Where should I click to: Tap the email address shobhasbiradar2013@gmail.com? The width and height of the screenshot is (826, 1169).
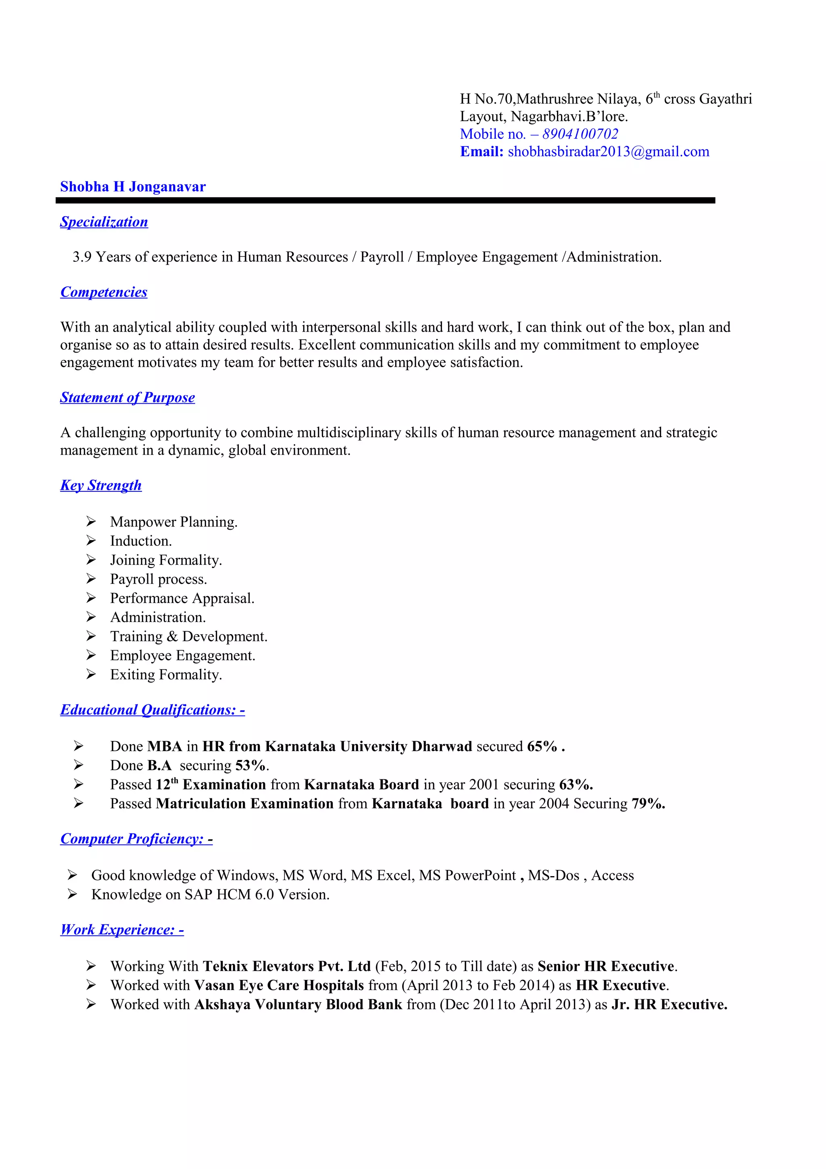(x=608, y=152)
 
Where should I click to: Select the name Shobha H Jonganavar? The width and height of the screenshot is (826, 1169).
(x=133, y=187)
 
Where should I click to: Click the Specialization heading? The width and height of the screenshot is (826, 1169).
(x=104, y=222)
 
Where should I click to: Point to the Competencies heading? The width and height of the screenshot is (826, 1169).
(x=104, y=292)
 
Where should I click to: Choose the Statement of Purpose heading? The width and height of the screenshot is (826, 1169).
(x=127, y=398)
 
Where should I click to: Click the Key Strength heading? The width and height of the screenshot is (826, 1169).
(x=101, y=485)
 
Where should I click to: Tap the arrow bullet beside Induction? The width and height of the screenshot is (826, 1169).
(x=91, y=540)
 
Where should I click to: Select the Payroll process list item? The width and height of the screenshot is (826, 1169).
(x=158, y=579)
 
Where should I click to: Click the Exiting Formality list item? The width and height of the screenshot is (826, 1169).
(x=166, y=674)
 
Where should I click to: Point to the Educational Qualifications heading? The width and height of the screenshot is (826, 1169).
(x=152, y=710)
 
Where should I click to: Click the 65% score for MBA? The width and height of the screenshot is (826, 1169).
(x=542, y=746)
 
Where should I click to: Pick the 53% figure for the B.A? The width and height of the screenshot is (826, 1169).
(x=250, y=766)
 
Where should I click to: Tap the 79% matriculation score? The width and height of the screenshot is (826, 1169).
(x=648, y=804)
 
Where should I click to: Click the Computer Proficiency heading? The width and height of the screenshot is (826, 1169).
(x=136, y=839)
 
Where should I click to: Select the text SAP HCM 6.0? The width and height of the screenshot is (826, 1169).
(x=229, y=895)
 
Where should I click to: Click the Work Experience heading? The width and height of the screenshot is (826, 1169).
(x=122, y=930)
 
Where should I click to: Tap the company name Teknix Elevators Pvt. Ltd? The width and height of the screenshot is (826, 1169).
(x=286, y=967)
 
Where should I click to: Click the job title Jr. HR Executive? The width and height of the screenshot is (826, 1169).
(x=669, y=1004)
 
